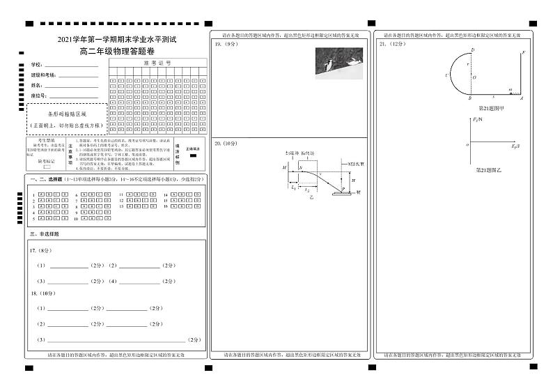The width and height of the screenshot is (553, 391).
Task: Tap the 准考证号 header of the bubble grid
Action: (157, 63)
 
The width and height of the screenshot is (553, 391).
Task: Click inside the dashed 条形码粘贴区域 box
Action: (67, 118)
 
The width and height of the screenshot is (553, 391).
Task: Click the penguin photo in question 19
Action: (339, 60)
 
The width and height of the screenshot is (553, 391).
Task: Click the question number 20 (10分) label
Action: (226, 143)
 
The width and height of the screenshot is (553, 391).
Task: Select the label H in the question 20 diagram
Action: (353, 181)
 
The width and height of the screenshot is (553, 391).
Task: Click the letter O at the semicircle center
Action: (475, 77)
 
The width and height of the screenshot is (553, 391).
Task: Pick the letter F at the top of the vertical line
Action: (523, 53)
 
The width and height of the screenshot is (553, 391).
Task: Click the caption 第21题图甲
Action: (492, 109)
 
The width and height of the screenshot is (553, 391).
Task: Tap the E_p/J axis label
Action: (515, 147)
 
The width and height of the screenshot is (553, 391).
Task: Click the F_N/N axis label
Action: (476, 120)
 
